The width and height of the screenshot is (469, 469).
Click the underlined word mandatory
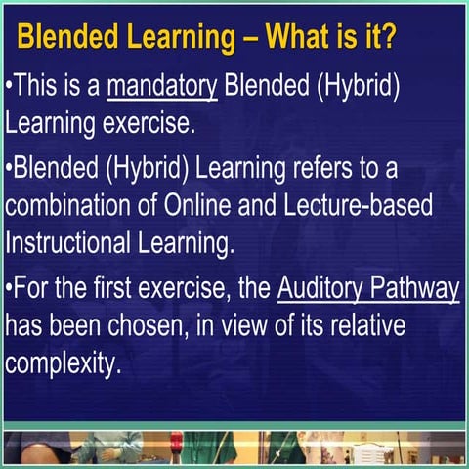pyautogui.click(x=161, y=86)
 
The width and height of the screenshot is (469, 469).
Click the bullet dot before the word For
pyautogui.click(x=8, y=291)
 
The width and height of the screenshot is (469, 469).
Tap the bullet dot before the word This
pyautogui.click(x=8, y=86)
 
